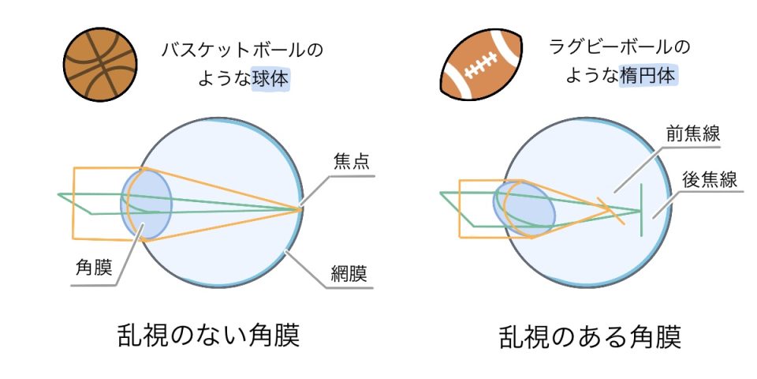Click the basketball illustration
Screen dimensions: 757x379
pyautogui.click(x=100, y=64)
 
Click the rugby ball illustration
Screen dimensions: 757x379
pyautogui.click(x=481, y=64)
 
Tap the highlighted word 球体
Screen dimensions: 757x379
pyautogui.click(x=270, y=79)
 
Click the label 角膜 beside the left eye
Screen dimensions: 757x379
pyautogui.click(x=94, y=268)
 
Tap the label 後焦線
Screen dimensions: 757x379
pyautogui.click(x=709, y=179)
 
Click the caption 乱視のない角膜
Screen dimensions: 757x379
pyautogui.click(x=208, y=335)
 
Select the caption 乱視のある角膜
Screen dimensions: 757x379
pyautogui.click(x=590, y=337)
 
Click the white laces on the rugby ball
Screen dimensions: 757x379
pyautogui.click(x=480, y=66)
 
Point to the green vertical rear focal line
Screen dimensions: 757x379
pyautogui.click(x=641, y=210)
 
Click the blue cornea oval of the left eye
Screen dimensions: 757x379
pyautogui.click(x=146, y=204)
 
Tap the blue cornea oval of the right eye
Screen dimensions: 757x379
pyautogui.click(x=524, y=208)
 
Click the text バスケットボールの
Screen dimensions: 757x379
pyautogui.click(x=242, y=51)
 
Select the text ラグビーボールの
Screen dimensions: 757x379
pyautogui.click(x=620, y=47)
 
